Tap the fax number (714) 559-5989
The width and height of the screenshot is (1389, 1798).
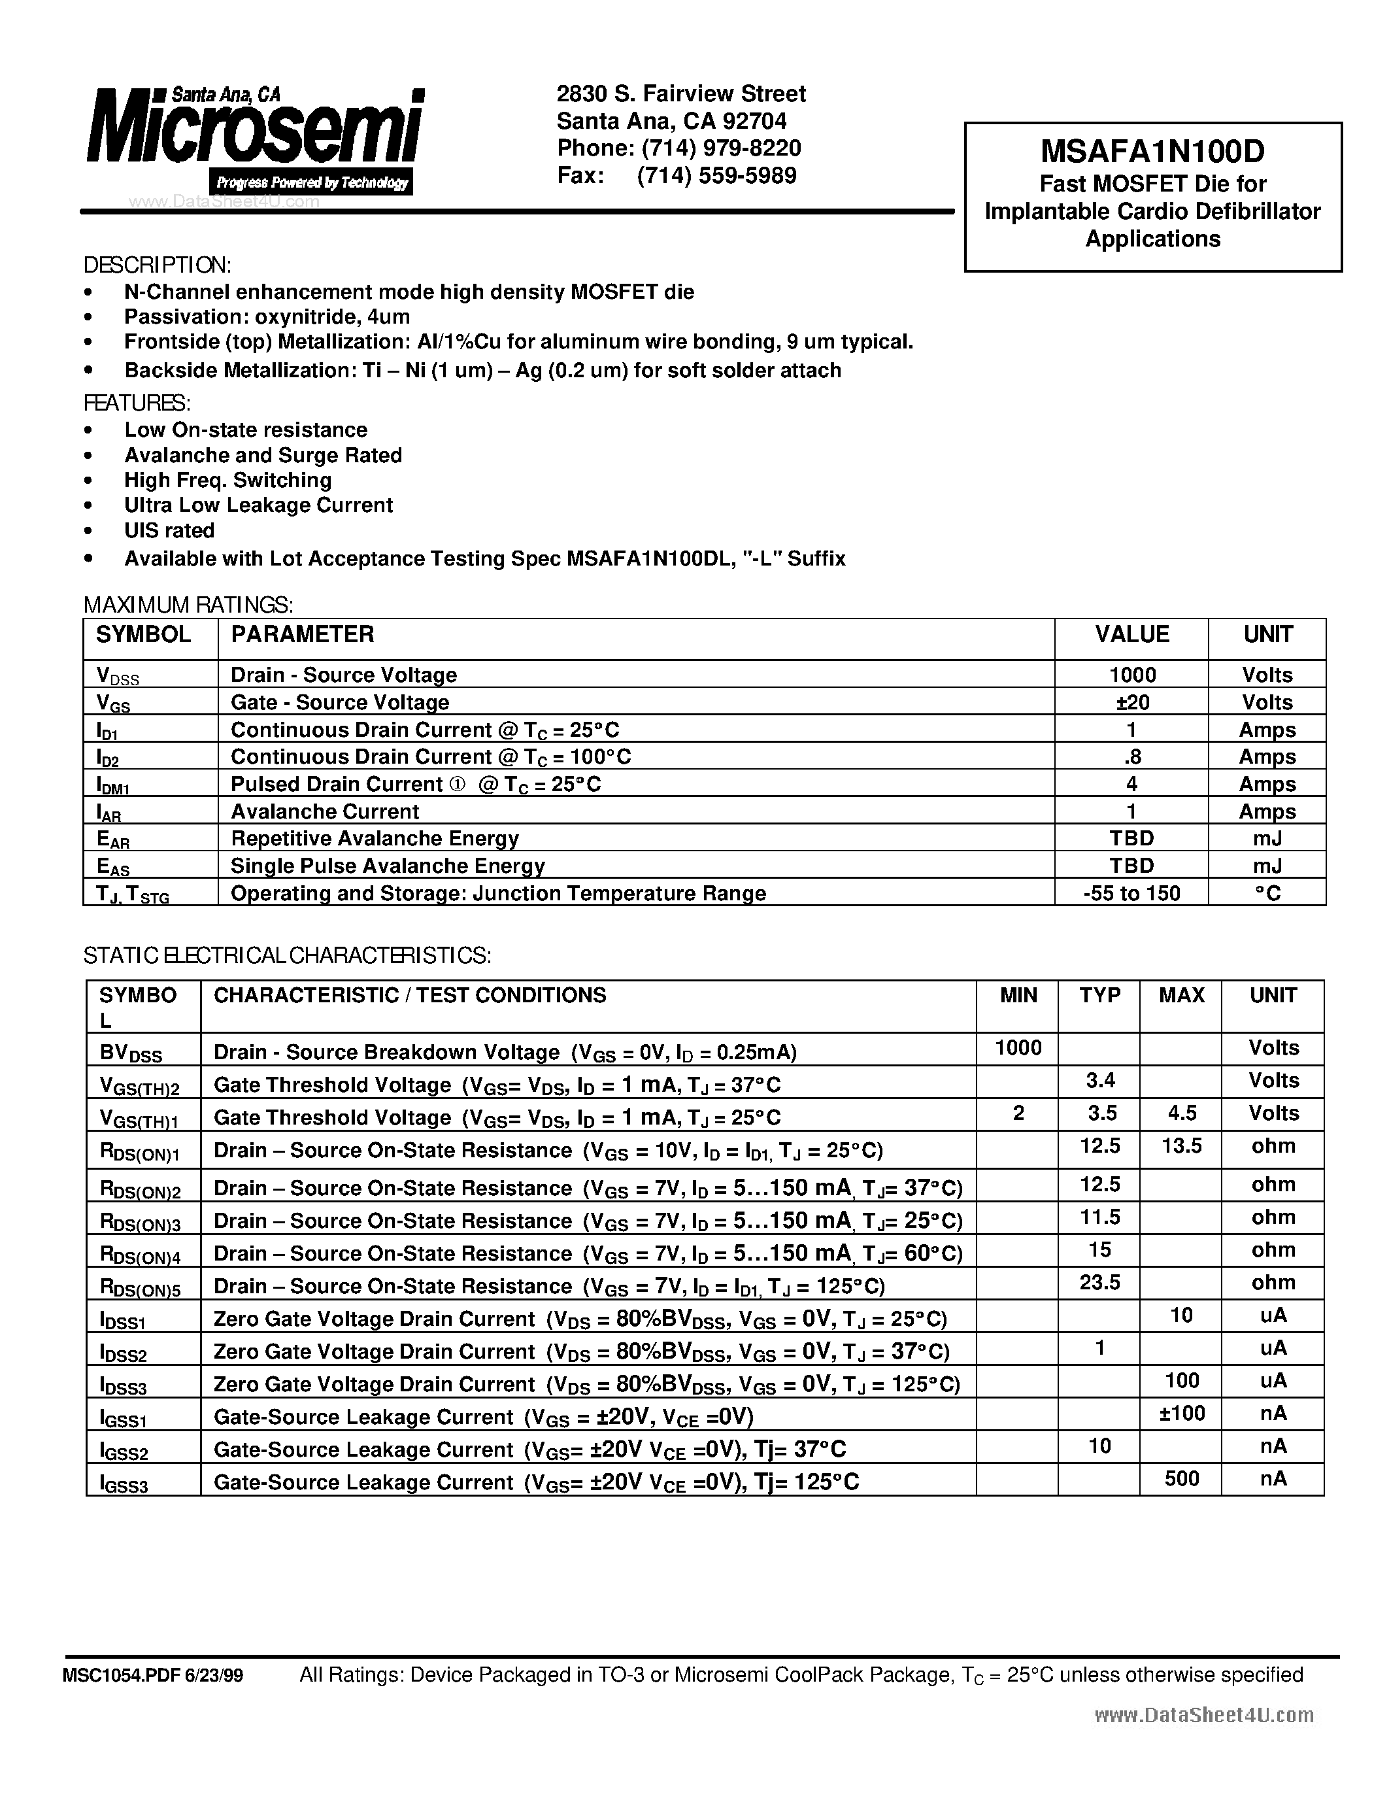716,175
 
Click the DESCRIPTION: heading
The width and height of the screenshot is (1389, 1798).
157,265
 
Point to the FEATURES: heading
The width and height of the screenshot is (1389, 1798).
137,403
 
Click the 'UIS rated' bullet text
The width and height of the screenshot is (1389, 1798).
169,530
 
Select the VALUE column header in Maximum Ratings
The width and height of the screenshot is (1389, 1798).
1131,634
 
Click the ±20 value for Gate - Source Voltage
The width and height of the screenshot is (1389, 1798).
1131,702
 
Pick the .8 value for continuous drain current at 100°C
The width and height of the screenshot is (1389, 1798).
1131,756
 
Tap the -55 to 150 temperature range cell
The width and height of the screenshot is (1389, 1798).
1131,893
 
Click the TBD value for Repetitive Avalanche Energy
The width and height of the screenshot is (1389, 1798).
1131,838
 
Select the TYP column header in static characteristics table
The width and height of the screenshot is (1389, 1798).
1099,995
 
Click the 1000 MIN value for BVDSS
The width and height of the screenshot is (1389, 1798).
1018,1048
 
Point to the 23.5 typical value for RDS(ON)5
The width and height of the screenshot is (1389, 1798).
1099,1283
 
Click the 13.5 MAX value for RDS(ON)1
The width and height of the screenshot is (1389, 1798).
1182,1146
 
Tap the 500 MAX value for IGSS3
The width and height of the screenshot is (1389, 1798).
1182,1478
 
